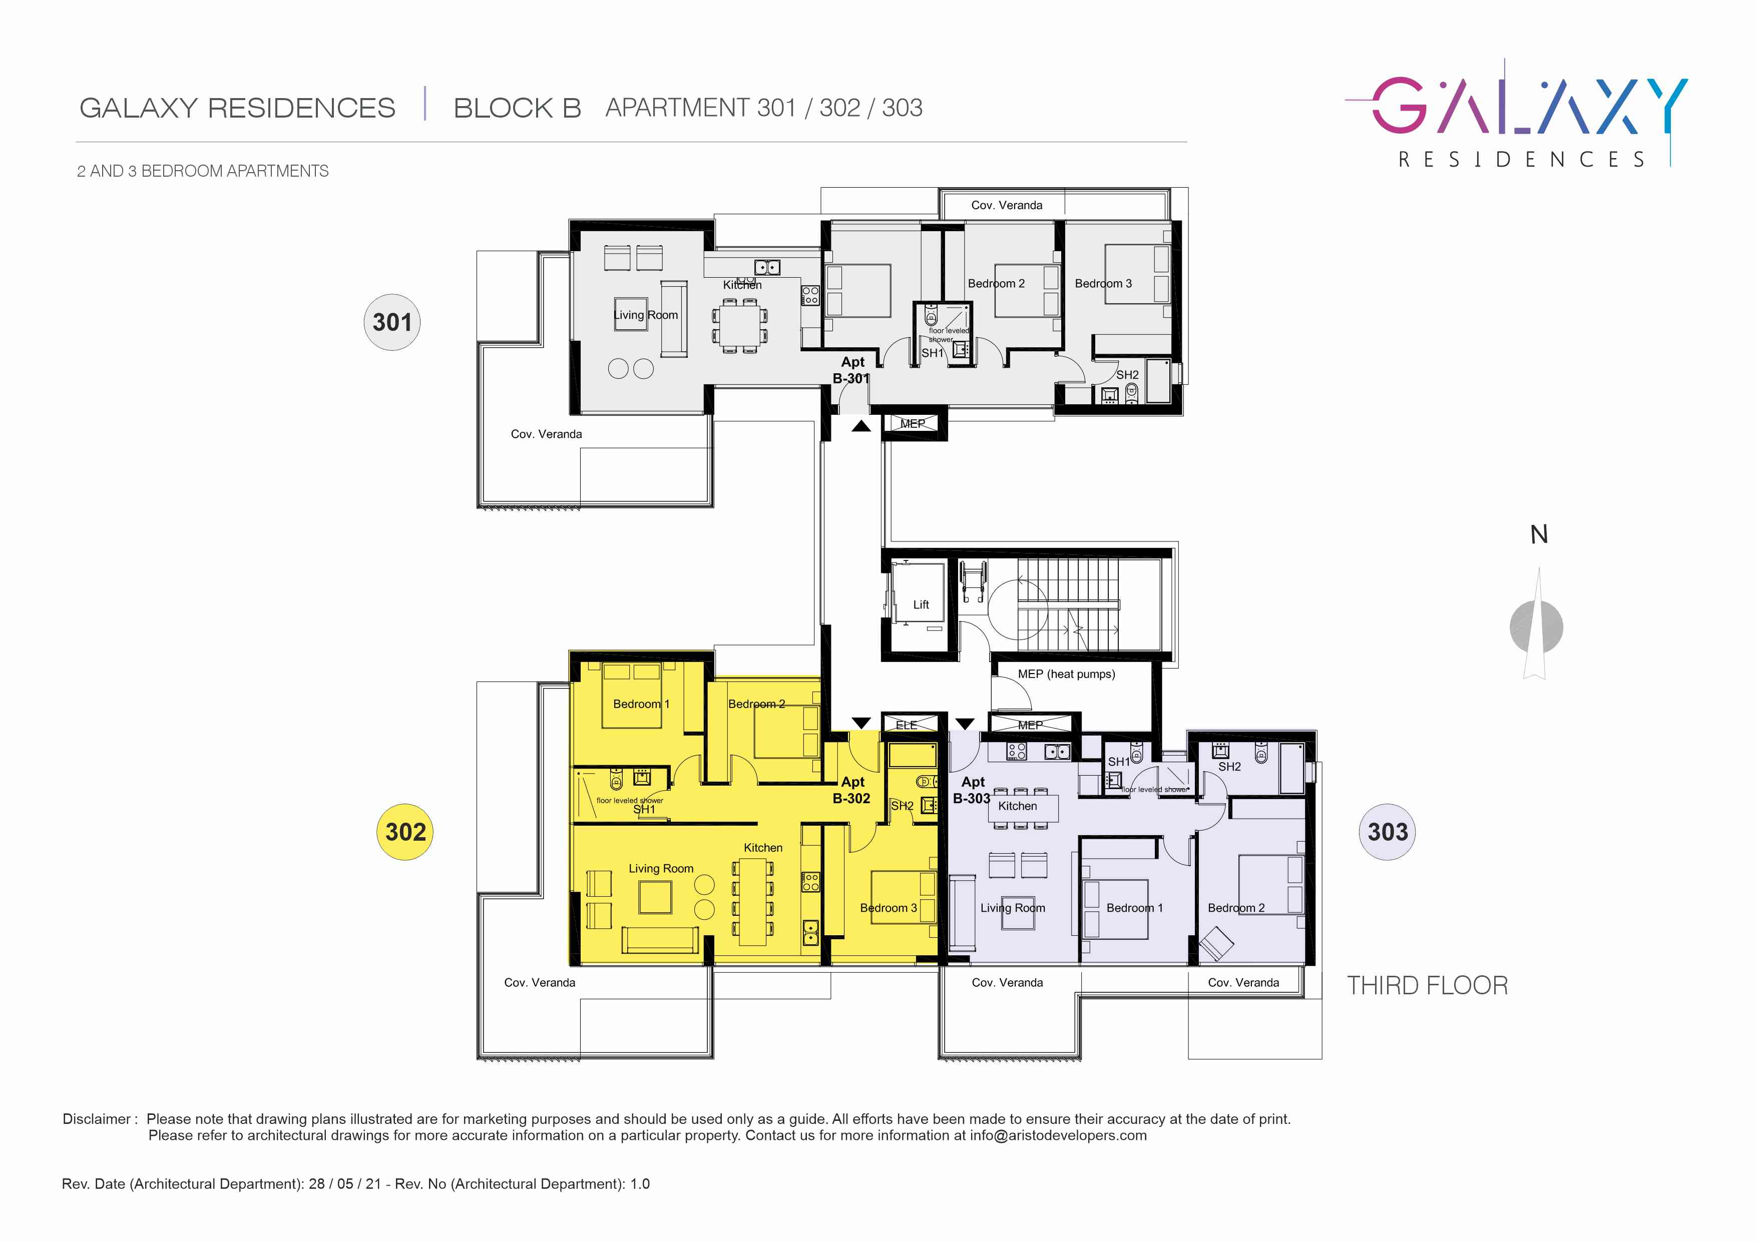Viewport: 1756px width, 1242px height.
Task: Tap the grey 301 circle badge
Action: (x=391, y=322)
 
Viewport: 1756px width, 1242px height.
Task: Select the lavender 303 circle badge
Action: (x=1387, y=832)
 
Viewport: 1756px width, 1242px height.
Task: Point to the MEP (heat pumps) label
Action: (x=1066, y=674)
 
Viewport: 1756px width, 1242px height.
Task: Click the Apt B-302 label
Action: (x=851, y=790)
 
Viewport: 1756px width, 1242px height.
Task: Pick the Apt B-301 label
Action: (x=851, y=370)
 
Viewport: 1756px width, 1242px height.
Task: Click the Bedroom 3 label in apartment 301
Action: (x=1103, y=284)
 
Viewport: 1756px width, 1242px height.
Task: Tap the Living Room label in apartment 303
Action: (x=1013, y=908)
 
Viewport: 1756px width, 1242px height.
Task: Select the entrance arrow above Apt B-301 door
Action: (x=861, y=426)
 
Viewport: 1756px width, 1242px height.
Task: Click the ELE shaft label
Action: (x=907, y=725)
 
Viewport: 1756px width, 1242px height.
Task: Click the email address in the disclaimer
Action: (x=1059, y=1136)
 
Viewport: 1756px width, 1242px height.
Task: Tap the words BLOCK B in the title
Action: (x=517, y=108)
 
